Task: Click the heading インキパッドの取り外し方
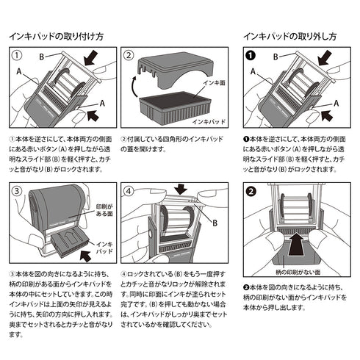pyautogui.click(x=290, y=35)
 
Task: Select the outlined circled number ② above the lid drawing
pyautogui.click(x=128, y=56)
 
